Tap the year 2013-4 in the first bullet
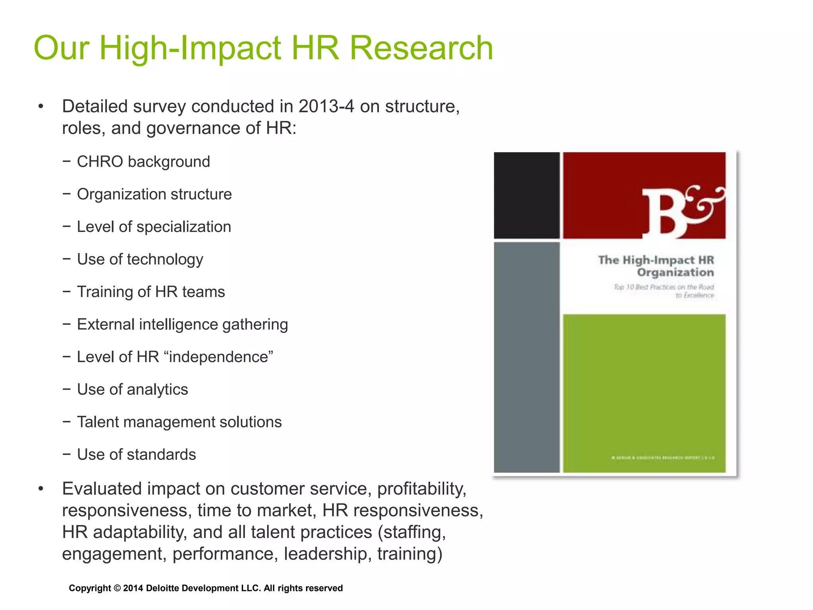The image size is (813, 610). tap(326, 106)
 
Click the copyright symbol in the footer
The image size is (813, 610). tap(117, 588)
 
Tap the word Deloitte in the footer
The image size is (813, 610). tap(163, 588)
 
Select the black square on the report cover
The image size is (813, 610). tap(526, 195)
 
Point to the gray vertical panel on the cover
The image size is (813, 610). tap(526, 357)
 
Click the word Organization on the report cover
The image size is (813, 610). tap(675, 273)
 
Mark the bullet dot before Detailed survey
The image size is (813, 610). tap(40, 106)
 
